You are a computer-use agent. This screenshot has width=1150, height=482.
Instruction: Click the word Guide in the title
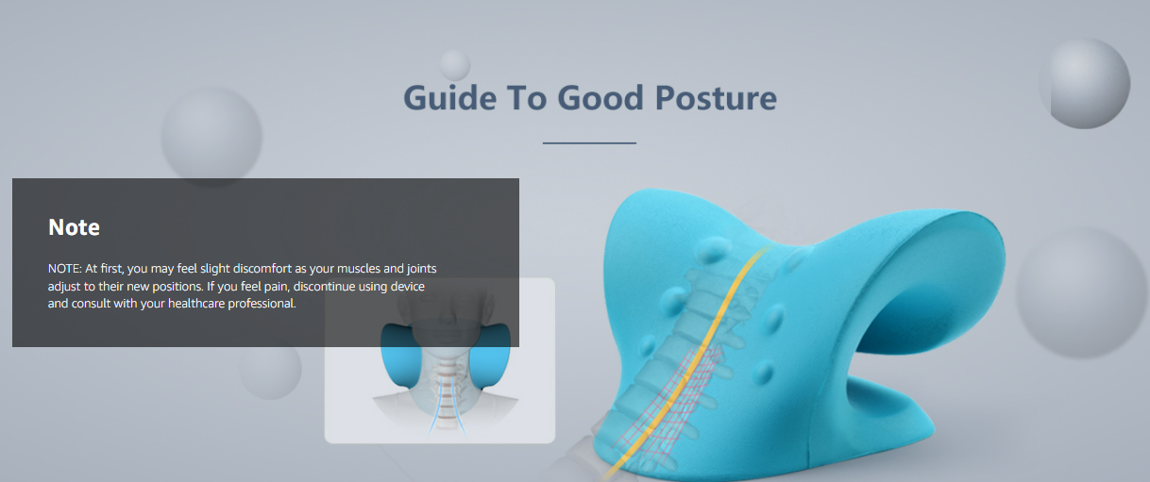(450, 98)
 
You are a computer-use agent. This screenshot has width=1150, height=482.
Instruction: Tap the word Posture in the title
(716, 98)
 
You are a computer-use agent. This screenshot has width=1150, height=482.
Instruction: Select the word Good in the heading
(600, 98)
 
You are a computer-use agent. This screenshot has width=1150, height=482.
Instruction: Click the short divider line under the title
(589, 143)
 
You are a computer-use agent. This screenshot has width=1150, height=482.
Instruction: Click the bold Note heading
(74, 227)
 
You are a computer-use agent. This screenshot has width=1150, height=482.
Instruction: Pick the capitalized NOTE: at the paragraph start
(65, 269)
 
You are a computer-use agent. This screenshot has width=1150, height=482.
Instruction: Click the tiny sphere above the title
(455, 65)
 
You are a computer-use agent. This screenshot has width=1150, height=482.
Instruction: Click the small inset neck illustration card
(439, 360)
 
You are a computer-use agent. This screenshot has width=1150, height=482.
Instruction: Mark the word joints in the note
(421, 269)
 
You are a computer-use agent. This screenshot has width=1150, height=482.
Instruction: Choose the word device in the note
(408, 286)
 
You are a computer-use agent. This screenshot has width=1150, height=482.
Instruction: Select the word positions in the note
(178, 286)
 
